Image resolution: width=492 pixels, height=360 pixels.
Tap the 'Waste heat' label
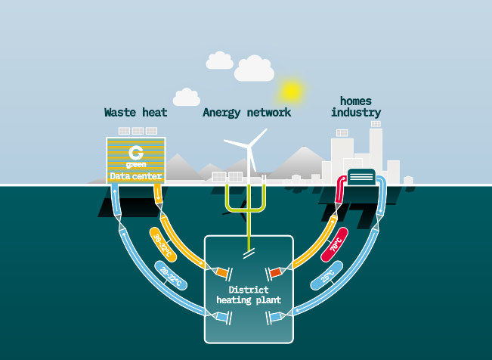tap(135, 113)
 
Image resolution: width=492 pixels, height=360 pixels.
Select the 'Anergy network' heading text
tap(246, 113)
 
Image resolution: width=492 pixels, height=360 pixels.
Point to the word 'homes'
tap(356, 100)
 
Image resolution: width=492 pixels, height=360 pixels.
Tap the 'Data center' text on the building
tap(135, 176)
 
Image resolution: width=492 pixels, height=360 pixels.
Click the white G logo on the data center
tap(136, 152)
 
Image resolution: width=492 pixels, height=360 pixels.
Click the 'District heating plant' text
tap(249, 295)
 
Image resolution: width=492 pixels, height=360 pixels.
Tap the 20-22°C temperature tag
tap(170, 275)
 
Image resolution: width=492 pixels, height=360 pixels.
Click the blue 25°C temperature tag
tap(329, 277)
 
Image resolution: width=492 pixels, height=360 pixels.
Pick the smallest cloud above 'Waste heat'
tap(186, 98)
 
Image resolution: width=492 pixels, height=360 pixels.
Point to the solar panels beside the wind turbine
tap(227, 177)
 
